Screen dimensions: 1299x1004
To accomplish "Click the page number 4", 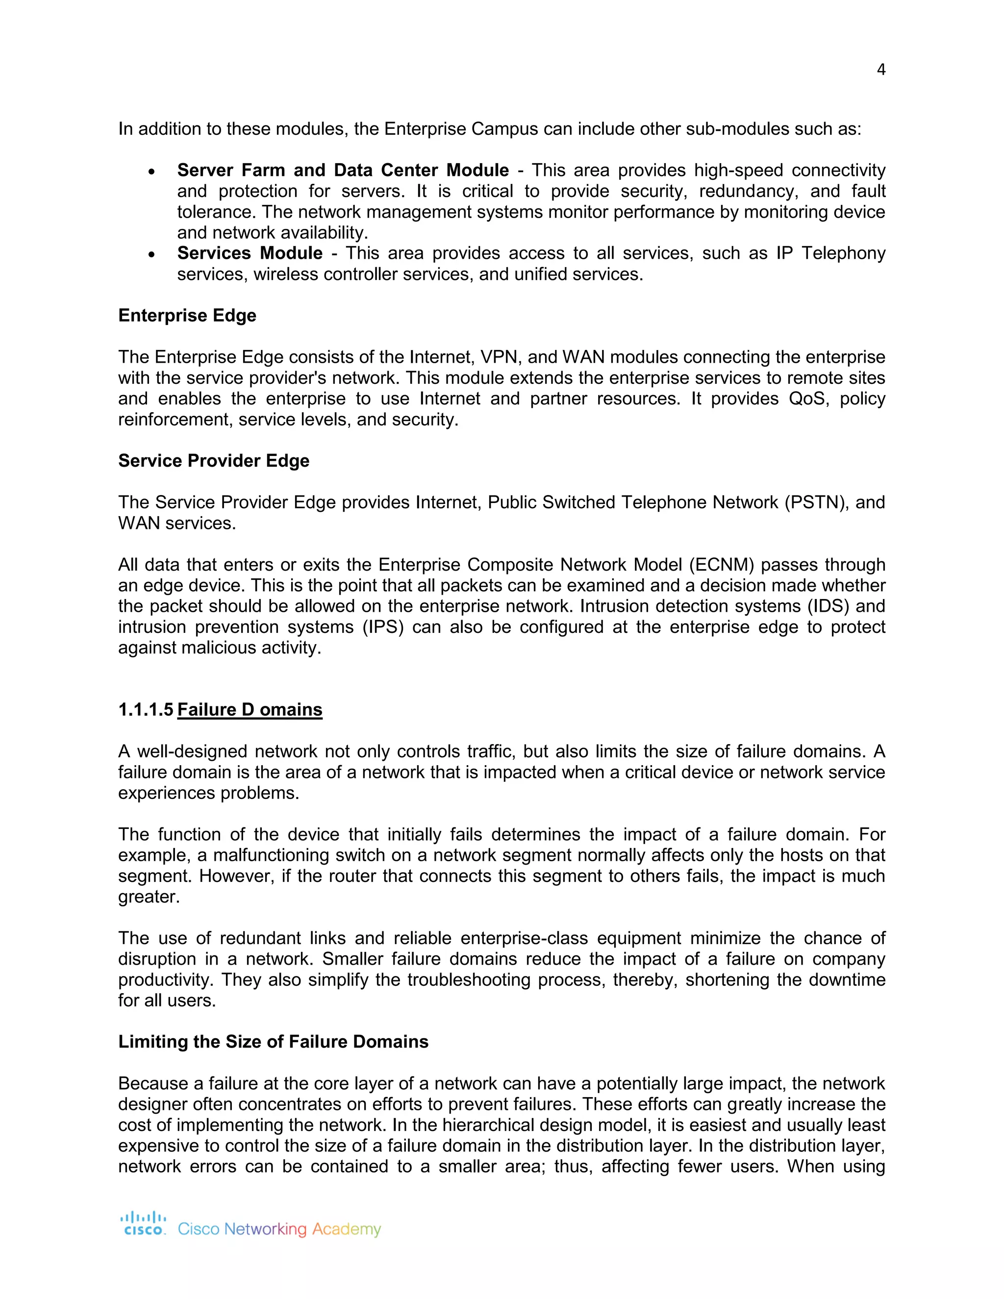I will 881,70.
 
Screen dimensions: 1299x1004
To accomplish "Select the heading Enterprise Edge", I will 187,315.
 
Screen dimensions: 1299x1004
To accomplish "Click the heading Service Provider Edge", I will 214,460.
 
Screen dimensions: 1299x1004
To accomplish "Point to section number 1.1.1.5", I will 146,710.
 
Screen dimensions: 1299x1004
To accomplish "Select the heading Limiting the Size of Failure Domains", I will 273,1042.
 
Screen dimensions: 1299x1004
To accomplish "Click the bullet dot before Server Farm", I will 152,171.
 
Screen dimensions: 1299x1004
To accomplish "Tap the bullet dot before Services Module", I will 152,254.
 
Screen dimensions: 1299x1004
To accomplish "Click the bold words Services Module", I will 250,253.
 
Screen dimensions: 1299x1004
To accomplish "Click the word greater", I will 148,897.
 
